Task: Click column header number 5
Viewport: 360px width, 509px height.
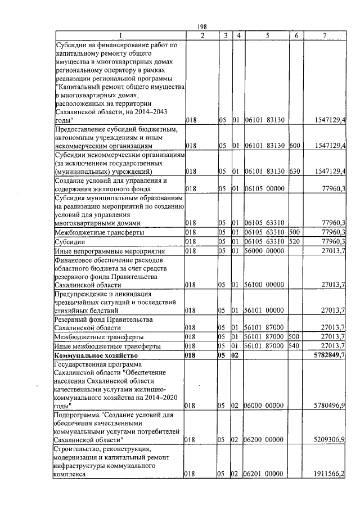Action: coord(267,36)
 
